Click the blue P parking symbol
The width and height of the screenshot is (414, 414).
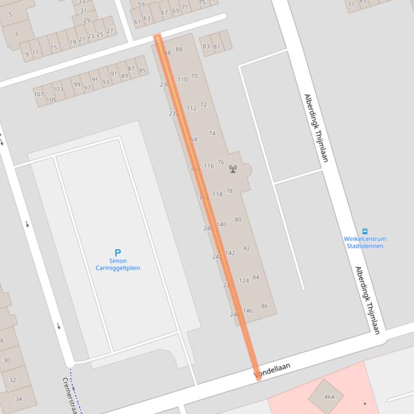pyautogui.click(x=118, y=252)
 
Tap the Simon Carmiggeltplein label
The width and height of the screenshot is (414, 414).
pyautogui.click(x=118, y=265)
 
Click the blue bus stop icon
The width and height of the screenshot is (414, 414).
pyautogui.click(x=365, y=232)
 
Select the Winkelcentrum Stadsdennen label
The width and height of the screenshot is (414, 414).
pyautogui.click(x=365, y=242)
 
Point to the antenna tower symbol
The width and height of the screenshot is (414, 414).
pyautogui.click(x=233, y=169)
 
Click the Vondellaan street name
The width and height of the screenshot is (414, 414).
pyautogui.click(x=272, y=370)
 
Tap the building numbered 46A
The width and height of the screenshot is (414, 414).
pyautogui.click(x=329, y=397)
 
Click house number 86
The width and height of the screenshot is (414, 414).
pyautogui.click(x=264, y=306)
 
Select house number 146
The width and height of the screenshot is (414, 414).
pyautogui.click(x=248, y=311)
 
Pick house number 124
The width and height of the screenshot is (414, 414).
pyautogui.click(x=244, y=281)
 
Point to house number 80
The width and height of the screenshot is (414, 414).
pyautogui.click(x=238, y=219)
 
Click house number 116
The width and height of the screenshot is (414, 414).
pyautogui.click(x=209, y=166)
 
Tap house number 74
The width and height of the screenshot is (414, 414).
pyautogui.click(x=212, y=133)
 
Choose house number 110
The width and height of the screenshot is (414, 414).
pyautogui.click(x=183, y=80)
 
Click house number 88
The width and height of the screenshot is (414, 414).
pyautogui.click(x=179, y=49)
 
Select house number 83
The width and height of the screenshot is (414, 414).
pyautogui.click(x=206, y=46)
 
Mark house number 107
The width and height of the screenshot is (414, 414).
pyautogui.click(x=39, y=94)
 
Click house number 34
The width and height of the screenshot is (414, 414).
pyautogui.click(x=19, y=399)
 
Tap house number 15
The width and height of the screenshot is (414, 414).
pyautogui.click(x=53, y=47)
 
